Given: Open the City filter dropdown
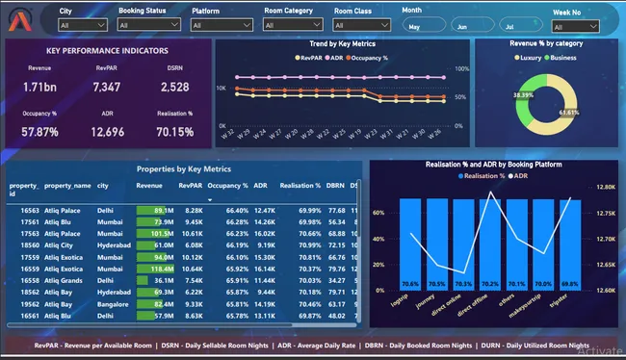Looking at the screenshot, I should coord(81,25).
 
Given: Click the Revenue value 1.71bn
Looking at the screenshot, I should coord(39,88).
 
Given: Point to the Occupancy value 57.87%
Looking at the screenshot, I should coord(40,133).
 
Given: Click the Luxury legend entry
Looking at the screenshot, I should coord(521,58).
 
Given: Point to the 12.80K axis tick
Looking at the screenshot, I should coord(606,188).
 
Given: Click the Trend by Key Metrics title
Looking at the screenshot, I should coord(341,44).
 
